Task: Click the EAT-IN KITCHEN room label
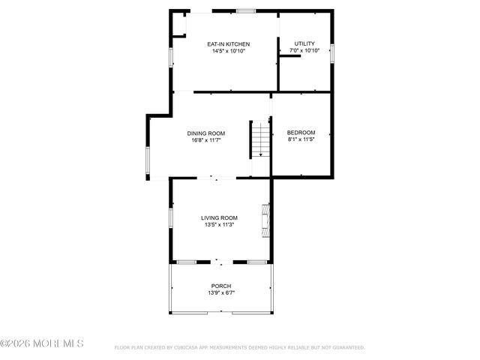[x=229, y=44]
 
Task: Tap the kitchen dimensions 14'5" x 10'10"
[x=229, y=51]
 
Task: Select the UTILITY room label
[x=304, y=43]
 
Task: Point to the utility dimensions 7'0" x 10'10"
[x=304, y=51]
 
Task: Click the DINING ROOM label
[x=206, y=133]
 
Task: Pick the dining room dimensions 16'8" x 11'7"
[x=206, y=139]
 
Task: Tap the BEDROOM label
[x=301, y=132]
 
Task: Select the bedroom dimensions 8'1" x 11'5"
[x=301, y=139]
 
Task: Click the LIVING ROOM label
[x=219, y=217]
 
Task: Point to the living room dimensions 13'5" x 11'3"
[x=219, y=224]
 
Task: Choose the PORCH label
[x=220, y=286]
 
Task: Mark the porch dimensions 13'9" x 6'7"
[x=220, y=292]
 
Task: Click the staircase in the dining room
[x=259, y=139]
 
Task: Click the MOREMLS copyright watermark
[x=42, y=344]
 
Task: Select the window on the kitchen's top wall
[x=245, y=11]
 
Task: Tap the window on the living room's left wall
[x=171, y=217]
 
